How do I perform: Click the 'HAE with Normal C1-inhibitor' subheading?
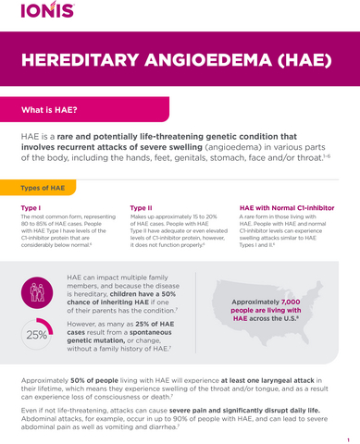tap(286, 207)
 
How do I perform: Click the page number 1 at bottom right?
tap(348, 440)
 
